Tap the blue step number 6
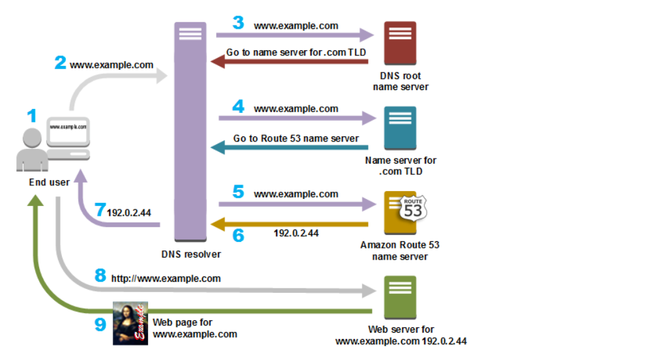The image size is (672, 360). (238, 235)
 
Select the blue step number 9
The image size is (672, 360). (100, 324)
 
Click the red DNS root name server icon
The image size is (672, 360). (400, 43)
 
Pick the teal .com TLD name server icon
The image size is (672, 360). (400, 128)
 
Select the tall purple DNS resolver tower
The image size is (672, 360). (190, 130)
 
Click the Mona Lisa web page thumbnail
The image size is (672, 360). (130, 323)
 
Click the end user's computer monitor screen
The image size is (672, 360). (69, 127)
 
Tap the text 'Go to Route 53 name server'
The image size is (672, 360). (296, 138)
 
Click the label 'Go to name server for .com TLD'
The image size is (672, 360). (296, 52)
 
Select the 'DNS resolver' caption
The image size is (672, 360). (191, 254)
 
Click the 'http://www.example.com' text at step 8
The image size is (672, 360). (166, 278)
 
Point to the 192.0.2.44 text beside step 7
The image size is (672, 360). (129, 212)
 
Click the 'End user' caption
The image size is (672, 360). (49, 182)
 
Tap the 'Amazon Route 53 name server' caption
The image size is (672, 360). (399, 250)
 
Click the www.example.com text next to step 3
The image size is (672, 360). (296, 26)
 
